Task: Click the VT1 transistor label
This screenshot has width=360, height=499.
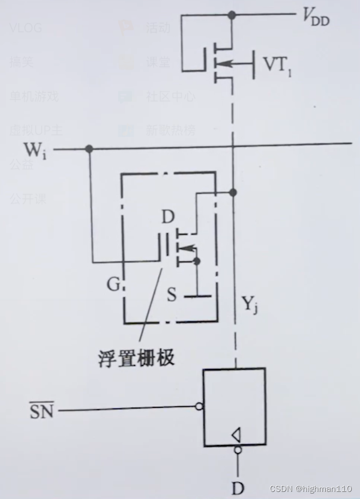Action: pyautogui.click(x=277, y=65)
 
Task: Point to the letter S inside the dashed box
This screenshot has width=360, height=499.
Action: pyautogui.click(x=172, y=296)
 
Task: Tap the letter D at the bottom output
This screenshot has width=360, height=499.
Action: pyautogui.click(x=238, y=487)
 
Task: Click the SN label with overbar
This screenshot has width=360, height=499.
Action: pyautogui.click(x=41, y=410)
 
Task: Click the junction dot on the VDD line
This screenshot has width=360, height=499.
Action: pyautogui.click(x=233, y=15)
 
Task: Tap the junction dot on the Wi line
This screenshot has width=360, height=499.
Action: pyautogui.click(x=89, y=149)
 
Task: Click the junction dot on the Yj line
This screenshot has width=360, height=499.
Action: pyautogui.click(x=233, y=192)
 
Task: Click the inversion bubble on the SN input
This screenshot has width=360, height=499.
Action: pyautogui.click(x=200, y=406)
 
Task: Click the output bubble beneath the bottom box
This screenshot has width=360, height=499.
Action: pyautogui.click(x=238, y=450)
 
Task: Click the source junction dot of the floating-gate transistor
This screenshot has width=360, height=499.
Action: pyautogui.click(x=196, y=262)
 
